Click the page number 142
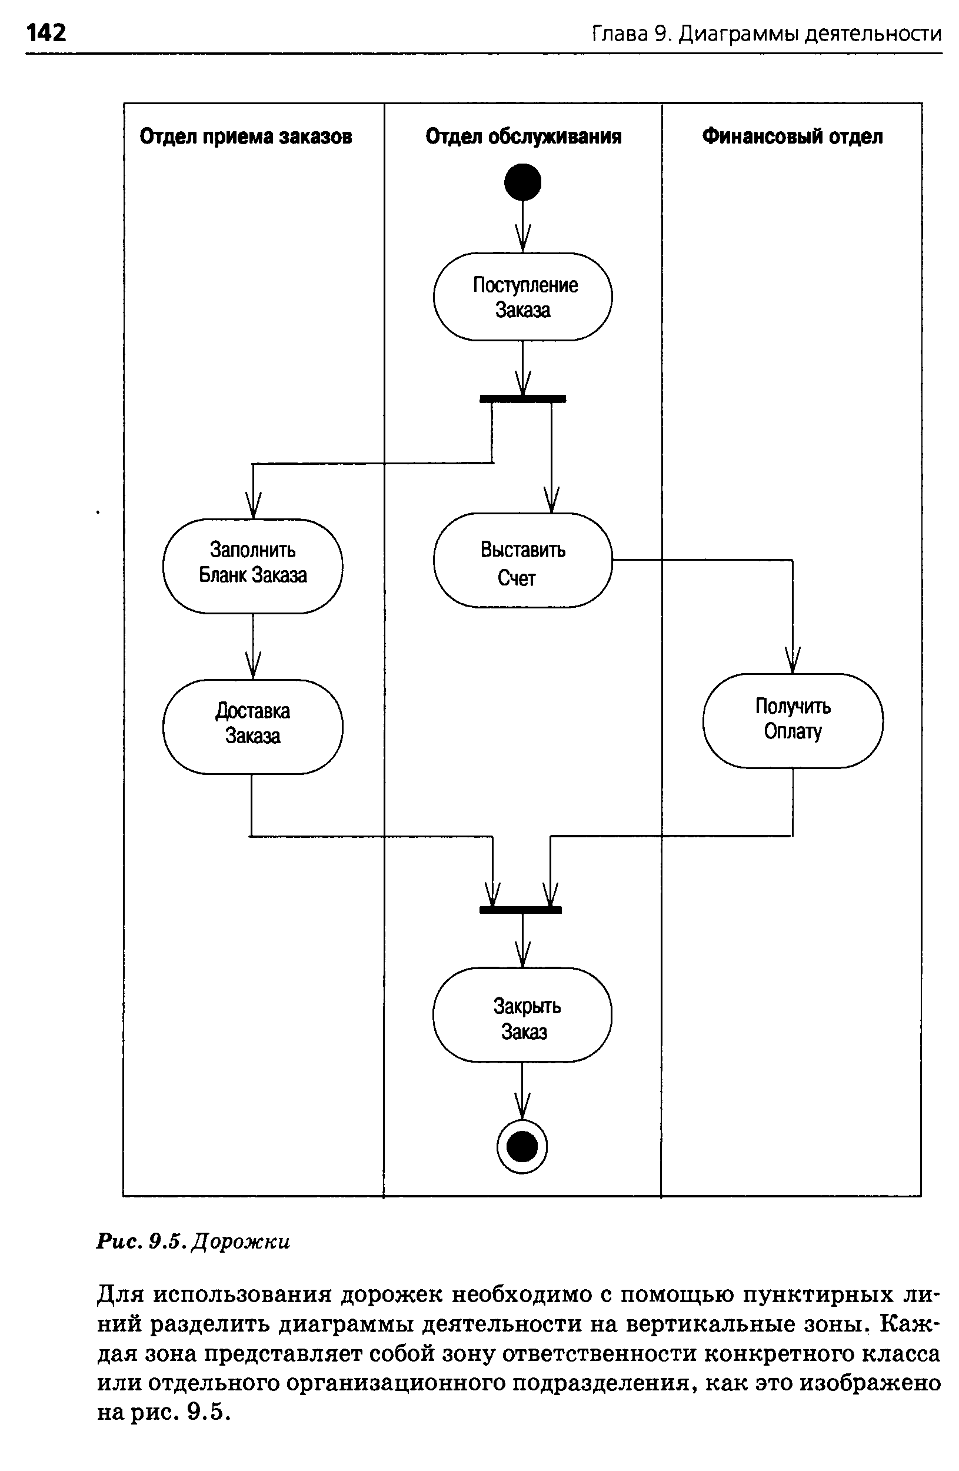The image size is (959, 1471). tap(46, 32)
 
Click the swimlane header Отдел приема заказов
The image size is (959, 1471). tap(245, 137)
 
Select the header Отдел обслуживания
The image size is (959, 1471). tap(523, 137)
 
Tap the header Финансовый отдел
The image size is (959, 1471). tap(792, 137)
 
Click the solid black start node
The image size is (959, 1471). tap(523, 182)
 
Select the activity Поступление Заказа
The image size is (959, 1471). tap(523, 297)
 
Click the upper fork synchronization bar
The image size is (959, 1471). tap(523, 399)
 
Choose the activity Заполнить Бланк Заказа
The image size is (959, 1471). tap(253, 565)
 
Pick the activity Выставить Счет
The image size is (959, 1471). tap(523, 560)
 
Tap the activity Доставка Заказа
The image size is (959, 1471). tap(253, 726)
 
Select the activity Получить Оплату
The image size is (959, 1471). tap(792, 721)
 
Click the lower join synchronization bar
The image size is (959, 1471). tap(520, 909)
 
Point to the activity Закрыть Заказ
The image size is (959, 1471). tap(522, 1015)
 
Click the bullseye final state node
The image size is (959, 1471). tap(522, 1147)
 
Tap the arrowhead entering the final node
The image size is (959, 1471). tap(522, 1107)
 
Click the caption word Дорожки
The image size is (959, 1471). tap(241, 1242)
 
